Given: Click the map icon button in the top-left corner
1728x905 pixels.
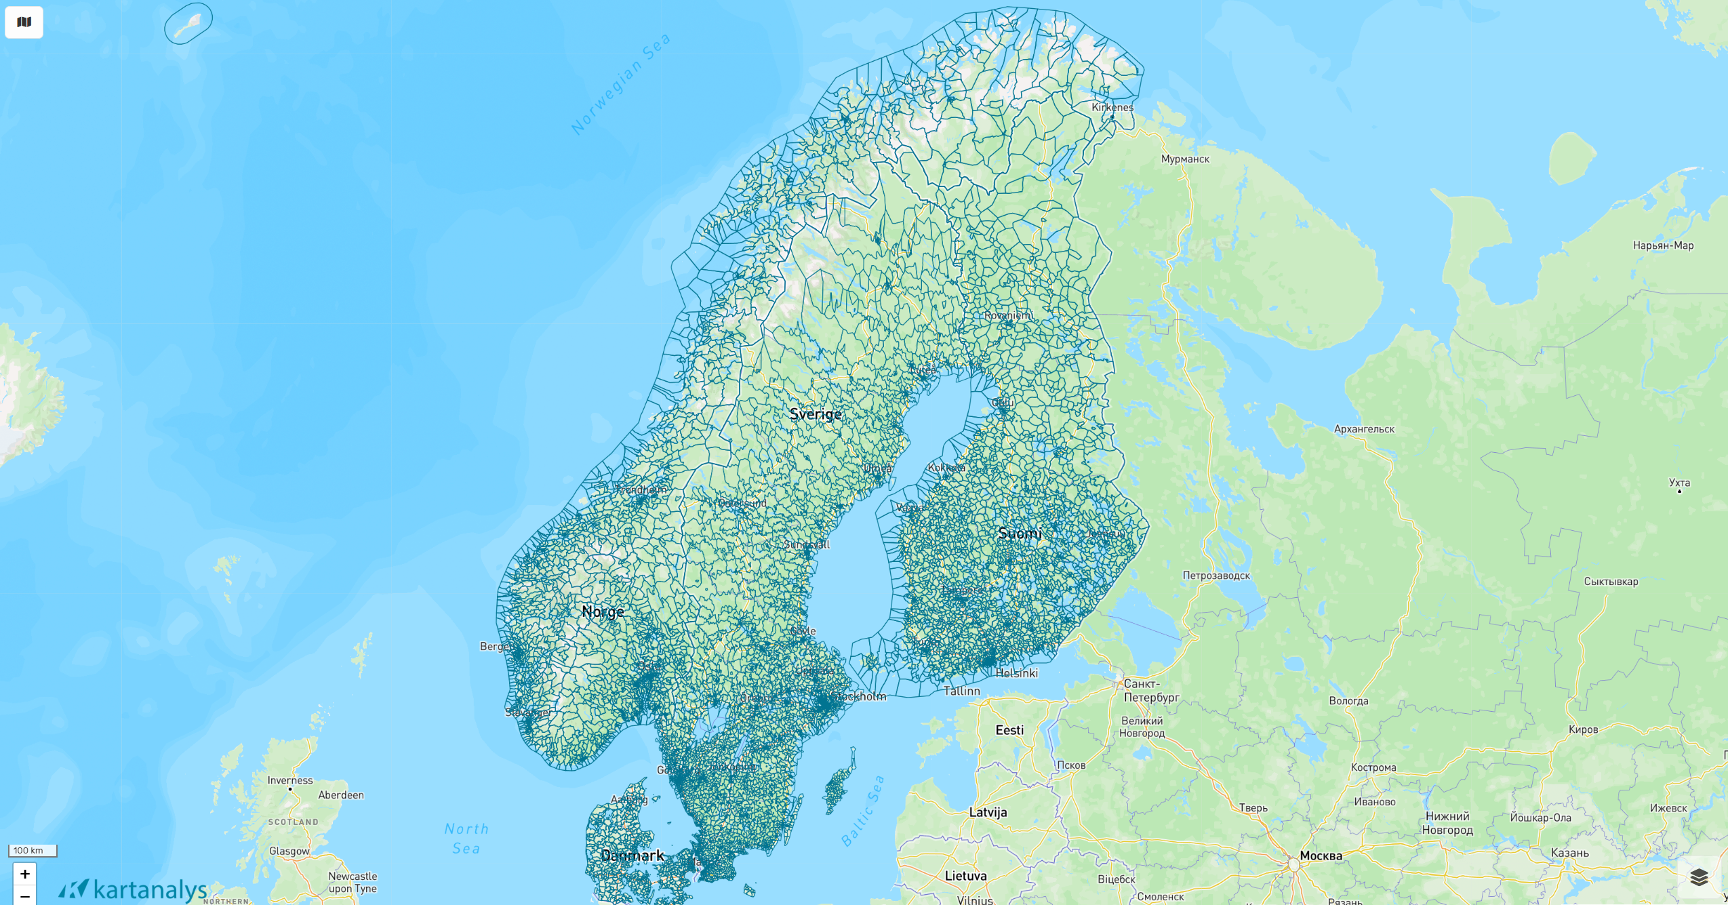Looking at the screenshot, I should (24, 22).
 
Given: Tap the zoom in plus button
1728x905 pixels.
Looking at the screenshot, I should (25, 874).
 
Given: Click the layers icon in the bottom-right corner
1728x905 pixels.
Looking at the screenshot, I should (1699, 877).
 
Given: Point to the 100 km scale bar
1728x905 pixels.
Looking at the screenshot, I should (33, 851).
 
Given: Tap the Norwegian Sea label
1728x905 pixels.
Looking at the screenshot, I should (620, 84).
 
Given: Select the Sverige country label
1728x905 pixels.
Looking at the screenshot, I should (816, 414).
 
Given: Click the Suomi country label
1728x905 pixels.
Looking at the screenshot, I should (1020, 534).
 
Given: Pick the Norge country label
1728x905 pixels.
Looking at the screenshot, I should (603, 611).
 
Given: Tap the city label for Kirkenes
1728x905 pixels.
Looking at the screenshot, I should (1112, 107).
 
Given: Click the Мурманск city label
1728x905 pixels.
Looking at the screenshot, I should (1185, 159).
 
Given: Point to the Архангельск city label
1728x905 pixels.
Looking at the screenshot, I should (1364, 429).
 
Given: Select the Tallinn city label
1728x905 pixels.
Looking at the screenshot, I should (961, 691).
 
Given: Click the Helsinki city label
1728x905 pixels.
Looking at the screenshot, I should (1016, 673).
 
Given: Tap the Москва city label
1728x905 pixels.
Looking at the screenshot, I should (1321, 856).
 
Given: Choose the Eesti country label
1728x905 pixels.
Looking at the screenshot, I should (1009, 730).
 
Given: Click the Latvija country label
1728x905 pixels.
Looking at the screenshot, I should (988, 812).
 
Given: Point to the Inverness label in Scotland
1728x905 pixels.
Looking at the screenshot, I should (290, 780).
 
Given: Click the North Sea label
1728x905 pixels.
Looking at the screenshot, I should (466, 839).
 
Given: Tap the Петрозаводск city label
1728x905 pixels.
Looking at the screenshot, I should (1216, 576).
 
